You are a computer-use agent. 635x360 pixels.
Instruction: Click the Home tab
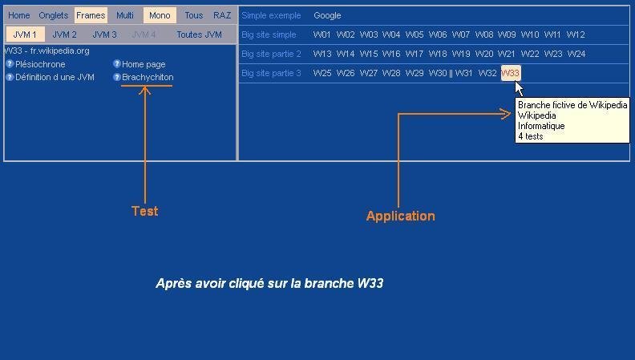pyautogui.click(x=18, y=15)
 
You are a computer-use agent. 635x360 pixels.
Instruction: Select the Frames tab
pyautogui.click(x=91, y=15)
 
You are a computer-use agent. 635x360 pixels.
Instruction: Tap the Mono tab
pyautogui.click(x=160, y=15)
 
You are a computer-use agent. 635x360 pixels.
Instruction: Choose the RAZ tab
pyautogui.click(x=222, y=15)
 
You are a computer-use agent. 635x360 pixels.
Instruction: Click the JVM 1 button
pyautogui.click(x=25, y=34)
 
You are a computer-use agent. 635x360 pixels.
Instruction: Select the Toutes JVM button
pyautogui.click(x=199, y=34)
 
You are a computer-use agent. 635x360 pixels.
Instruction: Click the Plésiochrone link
pyautogui.click(x=40, y=64)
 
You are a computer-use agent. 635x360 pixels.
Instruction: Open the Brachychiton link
pyautogui.click(x=148, y=77)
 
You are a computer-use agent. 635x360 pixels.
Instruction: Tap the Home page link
pyautogui.click(x=144, y=64)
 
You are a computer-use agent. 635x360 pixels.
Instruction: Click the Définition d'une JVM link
pyautogui.click(x=55, y=77)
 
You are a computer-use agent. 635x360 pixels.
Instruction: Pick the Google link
pyautogui.click(x=327, y=15)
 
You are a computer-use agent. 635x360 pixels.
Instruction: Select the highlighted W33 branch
pyautogui.click(x=511, y=73)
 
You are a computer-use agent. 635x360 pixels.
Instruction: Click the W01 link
pyautogui.click(x=322, y=34)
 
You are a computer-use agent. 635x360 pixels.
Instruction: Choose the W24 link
pyautogui.click(x=576, y=54)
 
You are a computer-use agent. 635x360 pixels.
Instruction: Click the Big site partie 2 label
pyautogui.click(x=271, y=54)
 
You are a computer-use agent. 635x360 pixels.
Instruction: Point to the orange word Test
pyautogui.click(x=145, y=212)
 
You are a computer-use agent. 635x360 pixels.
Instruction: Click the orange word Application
pyautogui.click(x=400, y=216)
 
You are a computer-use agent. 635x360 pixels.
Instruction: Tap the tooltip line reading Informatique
pyautogui.click(x=541, y=126)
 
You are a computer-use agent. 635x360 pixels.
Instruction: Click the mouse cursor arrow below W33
pyautogui.click(x=519, y=87)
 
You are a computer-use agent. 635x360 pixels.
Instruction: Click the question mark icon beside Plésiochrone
pyautogui.click(x=10, y=64)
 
